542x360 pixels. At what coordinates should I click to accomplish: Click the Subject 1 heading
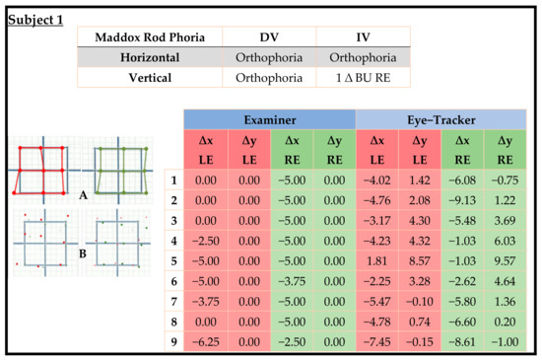coord(35,19)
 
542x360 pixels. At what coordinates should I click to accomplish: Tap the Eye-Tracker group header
coord(441,119)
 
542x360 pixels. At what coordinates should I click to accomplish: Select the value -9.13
coord(463,200)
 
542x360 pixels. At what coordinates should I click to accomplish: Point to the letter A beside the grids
coord(85,195)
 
